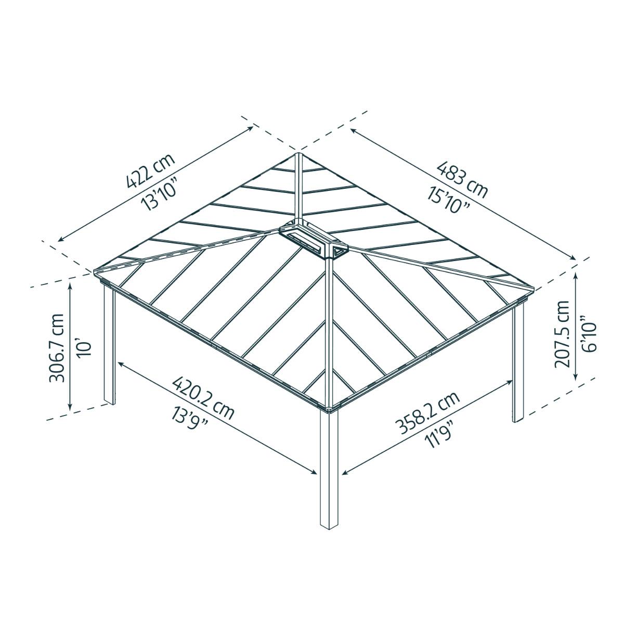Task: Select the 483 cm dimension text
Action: tap(462, 180)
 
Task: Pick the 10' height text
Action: tap(84, 347)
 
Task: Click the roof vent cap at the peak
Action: tap(311, 240)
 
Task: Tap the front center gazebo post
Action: tap(329, 468)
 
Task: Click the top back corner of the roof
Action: tap(298, 154)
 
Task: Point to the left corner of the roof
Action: tap(96, 271)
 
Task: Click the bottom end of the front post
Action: tap(329, 526)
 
